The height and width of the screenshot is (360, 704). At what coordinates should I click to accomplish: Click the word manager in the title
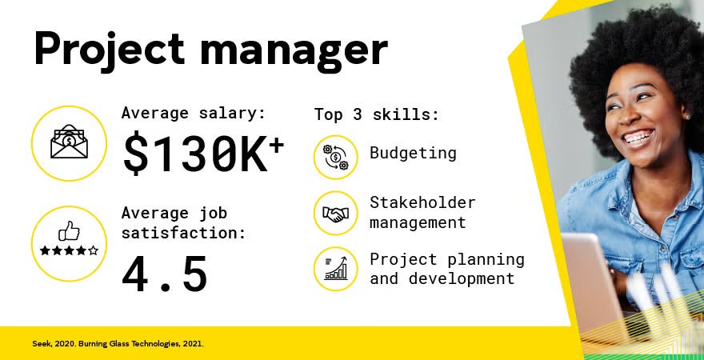294,50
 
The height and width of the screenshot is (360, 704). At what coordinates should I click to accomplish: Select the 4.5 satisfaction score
165,273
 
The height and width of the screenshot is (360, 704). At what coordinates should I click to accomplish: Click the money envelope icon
69,143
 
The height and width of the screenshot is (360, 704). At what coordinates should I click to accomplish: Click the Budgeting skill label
413,153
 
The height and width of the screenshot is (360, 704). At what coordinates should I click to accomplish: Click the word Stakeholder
422,203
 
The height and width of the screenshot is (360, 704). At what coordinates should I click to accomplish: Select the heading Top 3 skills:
376,114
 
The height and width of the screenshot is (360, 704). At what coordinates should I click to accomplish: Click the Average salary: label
193,113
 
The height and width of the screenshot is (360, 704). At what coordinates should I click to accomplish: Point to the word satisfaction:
183,233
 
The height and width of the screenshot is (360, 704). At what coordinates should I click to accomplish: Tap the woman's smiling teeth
638,138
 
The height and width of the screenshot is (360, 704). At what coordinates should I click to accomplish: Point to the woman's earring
686,117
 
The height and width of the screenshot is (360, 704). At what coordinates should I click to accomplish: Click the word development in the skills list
462,278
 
